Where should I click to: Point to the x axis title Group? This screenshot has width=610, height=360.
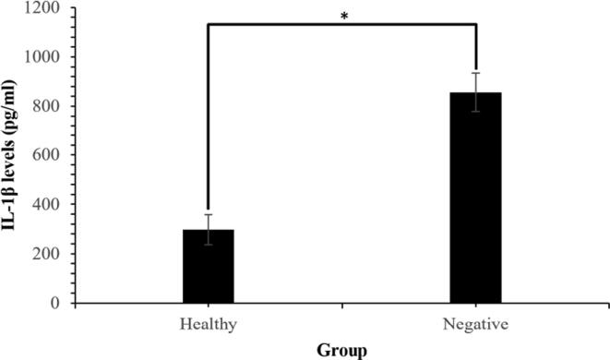point(341,350)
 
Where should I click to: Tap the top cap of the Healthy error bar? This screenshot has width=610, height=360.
point(208,215)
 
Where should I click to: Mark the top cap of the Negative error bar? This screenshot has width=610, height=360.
point(475,73)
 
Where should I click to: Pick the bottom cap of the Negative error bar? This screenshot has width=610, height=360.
point(475,111)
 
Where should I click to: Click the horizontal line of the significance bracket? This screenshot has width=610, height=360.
point(341,25)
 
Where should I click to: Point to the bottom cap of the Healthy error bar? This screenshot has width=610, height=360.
point(208,245)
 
